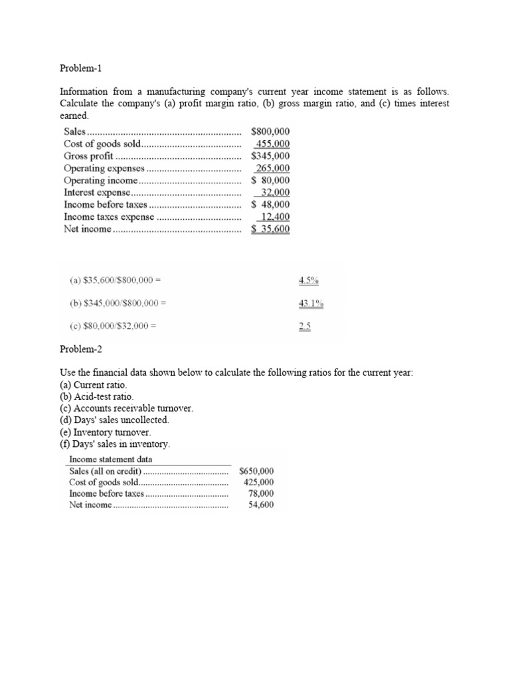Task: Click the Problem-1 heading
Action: pyautogui.click(x=82, y=68)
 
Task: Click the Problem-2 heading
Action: pyautogui.click(x=82, y=349)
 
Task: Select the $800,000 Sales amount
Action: pyautogui.click(x=270, y=132)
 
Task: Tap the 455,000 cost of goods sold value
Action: pyautogui.click(x=272, y=144)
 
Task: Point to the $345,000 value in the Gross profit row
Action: pyautogui.click(x=270, y=156)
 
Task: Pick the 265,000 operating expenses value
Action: pyautogui.click(x=273, y=169)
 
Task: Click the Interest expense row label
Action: pyautogui.click(x=97, y=193)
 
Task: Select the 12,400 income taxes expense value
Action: pyautogui.click(x=274, y=217)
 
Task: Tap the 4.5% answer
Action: pyautogui.click(x=309, y=280)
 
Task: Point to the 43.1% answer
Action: pyautogui.click(x=311, y=303)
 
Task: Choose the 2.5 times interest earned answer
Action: pyautogui.click(x=305, y=326)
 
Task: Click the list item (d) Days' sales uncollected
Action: pyautogui.click(x=114, y=420)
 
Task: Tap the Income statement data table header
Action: pyautogui.click(x=111, y=460)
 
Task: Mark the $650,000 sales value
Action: pyautogui.click(x=256, y=471)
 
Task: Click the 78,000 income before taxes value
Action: pyautogui.click(x=260, y=493)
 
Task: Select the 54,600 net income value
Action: pyautogui.click(x=260, y=505)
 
